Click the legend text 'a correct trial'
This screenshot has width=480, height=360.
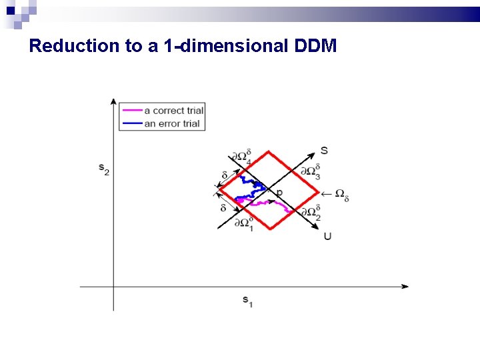[x=173, y=110]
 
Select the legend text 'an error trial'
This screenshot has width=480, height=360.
[x=171, y=123]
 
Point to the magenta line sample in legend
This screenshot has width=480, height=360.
[x=131, y=110]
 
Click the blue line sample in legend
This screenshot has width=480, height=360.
[x=131, y=123]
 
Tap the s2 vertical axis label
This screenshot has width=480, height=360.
[x=104, y=170]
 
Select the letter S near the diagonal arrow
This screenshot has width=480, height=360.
[x=324, y=150]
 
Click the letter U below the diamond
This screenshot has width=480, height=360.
[x=327, y=236]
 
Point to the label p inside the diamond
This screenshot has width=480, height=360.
[x=279, y=193]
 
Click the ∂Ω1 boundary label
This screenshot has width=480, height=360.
[x=243, y=223]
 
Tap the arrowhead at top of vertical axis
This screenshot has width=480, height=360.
[x=113, y=101]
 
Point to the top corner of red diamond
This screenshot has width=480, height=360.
[x=269, y=151]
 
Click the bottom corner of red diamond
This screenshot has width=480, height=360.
[x=269, y=229]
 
